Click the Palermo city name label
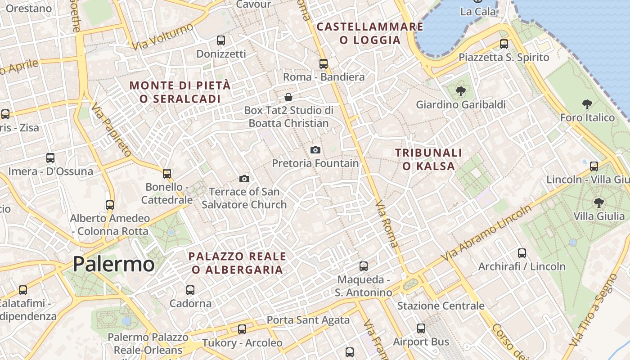pyautogui.click(x=113, y=264)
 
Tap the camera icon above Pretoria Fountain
pyautogui.click(x=315, y=150)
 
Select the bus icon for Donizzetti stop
pyautogui.click(x=221, y=40)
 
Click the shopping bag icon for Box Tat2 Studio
pyautogui.click(x=288, y=97)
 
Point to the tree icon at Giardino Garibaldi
pyautogui.click(x=460, y=92)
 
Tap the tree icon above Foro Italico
pyautogui.click(x=587, y=105)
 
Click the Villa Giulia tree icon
pyautogui.click(x=598, y=203)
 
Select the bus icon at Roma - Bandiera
pyautogui.click(x=324, y=64)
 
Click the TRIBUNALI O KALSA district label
pyautogui.click(x=428, y=159)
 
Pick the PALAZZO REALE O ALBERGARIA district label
pyautogui.click(x=237, y=263)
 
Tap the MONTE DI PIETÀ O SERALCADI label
pyautogui.click(x=180, y=92)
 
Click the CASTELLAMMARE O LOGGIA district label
pyautogui.click(x=370, y=33)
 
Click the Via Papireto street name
pyautogui.click(x=111, y=130)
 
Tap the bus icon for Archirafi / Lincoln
pyautogui.click(x=522, y=253)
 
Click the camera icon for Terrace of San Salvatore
pyautogui.click(x=244, y=179)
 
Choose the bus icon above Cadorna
pyautogui.click(x=190, y=290)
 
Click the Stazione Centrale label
pyautogui.click(x=441, y=306)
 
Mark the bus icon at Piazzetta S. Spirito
pyautogui.click(x=504, y=44)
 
